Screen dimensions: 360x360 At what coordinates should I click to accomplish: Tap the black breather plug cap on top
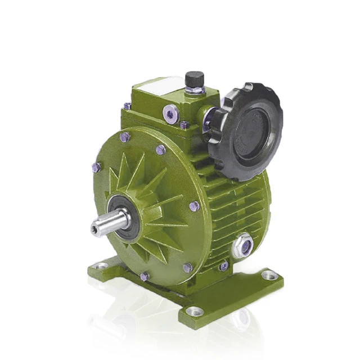[194, 78]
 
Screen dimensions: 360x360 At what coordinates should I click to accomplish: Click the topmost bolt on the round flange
[125, 136]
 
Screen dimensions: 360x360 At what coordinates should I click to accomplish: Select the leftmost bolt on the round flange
[96, 167]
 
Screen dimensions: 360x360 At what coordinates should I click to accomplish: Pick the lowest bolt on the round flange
[145, 276]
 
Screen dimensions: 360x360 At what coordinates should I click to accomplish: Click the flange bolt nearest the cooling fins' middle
[194, 206]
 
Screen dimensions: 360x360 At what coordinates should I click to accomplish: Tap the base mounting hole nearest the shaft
[102, 264]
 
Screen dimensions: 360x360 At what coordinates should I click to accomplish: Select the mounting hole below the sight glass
[269, 275]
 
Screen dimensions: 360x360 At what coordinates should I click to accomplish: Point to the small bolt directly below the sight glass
[224, 266]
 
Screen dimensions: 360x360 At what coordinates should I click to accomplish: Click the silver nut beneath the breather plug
[194, 90]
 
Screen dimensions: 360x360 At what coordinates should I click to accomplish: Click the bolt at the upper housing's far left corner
[128, 105]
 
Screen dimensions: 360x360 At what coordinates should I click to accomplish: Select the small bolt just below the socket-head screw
[184, 125]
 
